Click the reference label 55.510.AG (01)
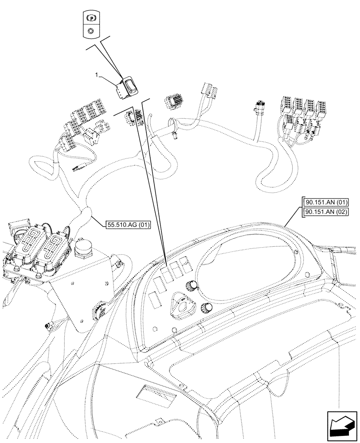pos(129,225)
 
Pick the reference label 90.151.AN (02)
pos(326,212)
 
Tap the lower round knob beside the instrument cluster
pos(207,308)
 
